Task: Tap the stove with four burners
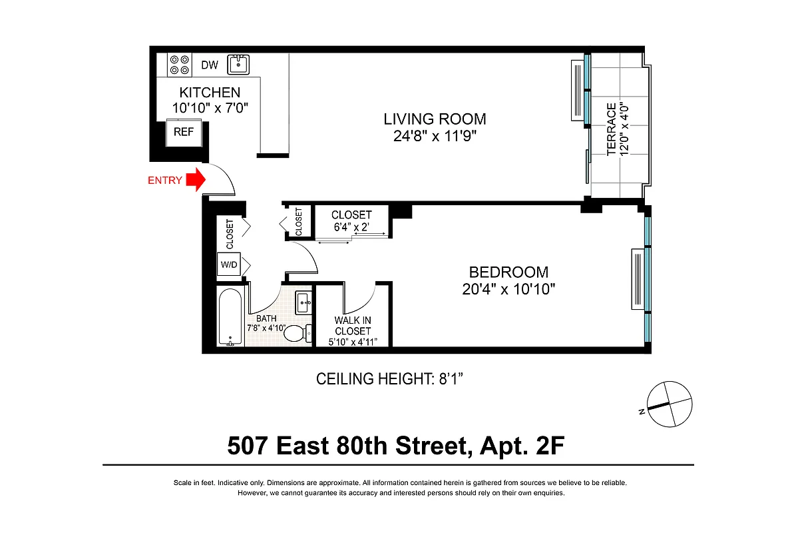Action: tap(178, 65)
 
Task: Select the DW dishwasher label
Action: tap(210, 65)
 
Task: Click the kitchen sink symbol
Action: tap(238, 65)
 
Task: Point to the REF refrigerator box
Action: tap(183, 132)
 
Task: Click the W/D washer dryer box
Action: tap(228, 265)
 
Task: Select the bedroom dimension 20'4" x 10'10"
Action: tap(508, 289)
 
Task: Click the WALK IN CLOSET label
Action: tap(353, 326)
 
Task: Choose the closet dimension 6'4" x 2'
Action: tap(351, 227)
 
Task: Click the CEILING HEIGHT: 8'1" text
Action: tap(389, 380)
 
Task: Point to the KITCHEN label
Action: tap(210, 93)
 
